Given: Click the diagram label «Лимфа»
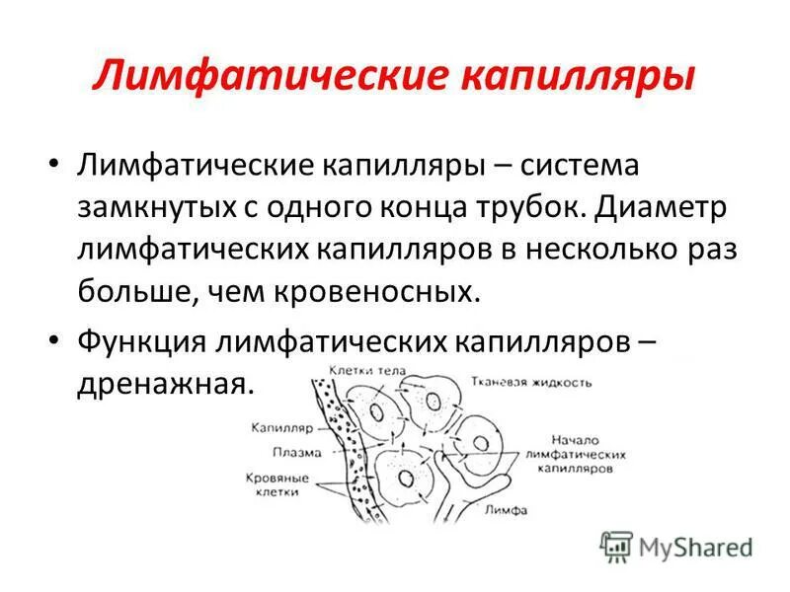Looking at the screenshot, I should [x=505, y=510].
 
